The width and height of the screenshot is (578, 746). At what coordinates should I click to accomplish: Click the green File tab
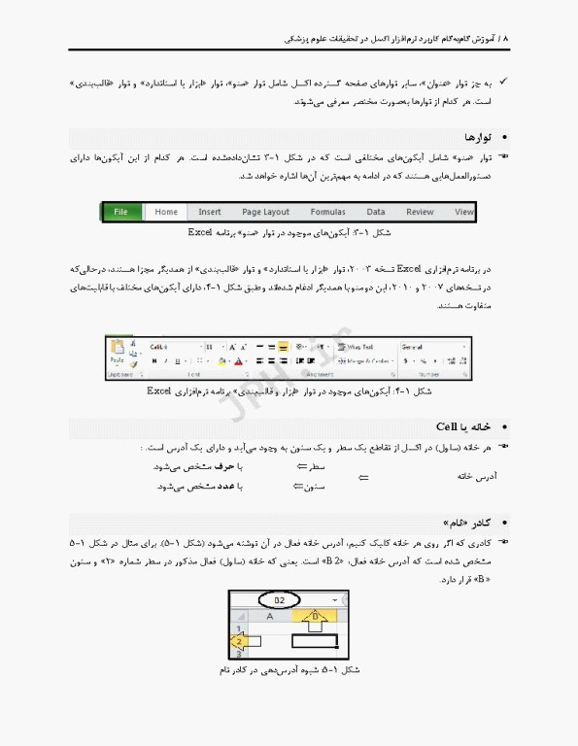pyautogui.click(x=121, y=212)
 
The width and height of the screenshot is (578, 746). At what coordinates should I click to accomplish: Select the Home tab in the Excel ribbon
pyautogui.click(x=166, y=212)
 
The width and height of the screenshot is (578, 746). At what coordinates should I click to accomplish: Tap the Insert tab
pyautogui.click(x=210, y=212)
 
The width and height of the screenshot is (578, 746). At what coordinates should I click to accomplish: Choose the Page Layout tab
pyautogui.click(x=265, y=212)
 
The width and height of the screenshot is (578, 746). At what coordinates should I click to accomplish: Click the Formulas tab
pyautogui.click(x=327, y=212)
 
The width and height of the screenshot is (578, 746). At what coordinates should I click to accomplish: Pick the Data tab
pyautogui.click(x=376, y=212)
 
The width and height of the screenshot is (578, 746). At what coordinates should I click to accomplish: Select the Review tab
pyautogui.click(x=420, y=212)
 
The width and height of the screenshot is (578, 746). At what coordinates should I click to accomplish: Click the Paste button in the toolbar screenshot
pyautogui.click(x=117, y=352)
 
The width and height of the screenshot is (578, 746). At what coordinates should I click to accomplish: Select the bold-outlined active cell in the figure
pyautogui.click(x=314, y=640)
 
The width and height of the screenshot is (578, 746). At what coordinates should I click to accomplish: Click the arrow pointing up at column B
pyautogui.click(x=314, y=618)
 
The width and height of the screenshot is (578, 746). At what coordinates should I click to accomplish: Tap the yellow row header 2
pyautogui.click(x=237, y=640)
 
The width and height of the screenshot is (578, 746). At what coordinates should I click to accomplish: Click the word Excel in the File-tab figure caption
pyautogui.click(x=201, y=234)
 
